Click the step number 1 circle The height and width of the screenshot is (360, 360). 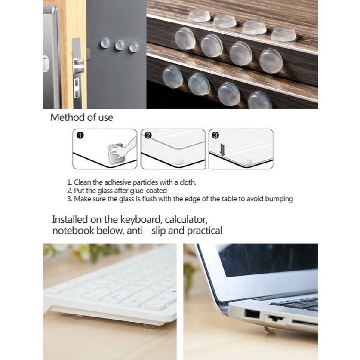(80, 135)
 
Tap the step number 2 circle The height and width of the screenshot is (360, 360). (148, 135)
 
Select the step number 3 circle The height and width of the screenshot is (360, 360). (215, 135)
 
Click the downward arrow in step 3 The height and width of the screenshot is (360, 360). (222, 150)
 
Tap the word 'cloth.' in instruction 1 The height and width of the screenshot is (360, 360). (188, 182)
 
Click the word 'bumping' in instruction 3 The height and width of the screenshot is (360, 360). (279, 199)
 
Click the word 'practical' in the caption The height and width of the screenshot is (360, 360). (204, 231)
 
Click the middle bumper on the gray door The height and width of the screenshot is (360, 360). (120, 45)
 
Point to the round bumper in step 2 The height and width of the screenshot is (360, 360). (178, 161)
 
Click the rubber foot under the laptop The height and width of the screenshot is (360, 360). (271, 329)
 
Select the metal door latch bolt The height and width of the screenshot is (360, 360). (79, 66)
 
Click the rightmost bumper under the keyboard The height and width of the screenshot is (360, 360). (150, 326)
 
